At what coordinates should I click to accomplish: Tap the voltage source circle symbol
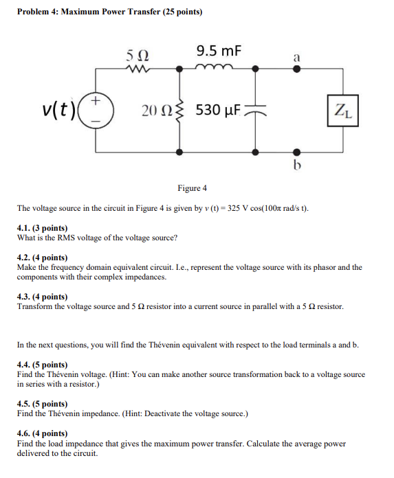[x=96, y=111]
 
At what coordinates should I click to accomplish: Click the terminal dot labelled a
[x=296, y=69]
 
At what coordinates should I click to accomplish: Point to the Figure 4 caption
[x=193, y=188]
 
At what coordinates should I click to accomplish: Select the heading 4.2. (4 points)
[x=43, y=257]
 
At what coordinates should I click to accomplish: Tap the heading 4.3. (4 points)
[x=43, y=297]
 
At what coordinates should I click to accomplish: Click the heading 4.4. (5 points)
[x=43, y=365]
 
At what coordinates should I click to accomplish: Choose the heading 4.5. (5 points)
[x=43, y=404]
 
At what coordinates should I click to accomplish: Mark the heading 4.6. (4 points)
[x=43, y=434]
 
